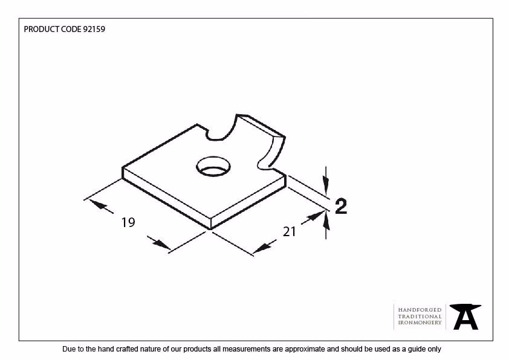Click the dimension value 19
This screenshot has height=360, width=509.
point(128,222)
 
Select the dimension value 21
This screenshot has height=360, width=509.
point(289,232)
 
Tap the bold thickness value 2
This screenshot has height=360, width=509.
point(341,206)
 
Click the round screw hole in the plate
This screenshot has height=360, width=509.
point(213,167)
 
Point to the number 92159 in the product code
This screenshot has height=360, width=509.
point(94,29)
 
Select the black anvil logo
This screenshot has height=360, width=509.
point(465,317)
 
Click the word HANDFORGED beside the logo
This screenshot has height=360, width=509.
point(420,310)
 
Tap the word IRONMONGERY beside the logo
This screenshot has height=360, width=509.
point(420,323)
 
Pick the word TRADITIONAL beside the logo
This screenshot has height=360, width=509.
point(420,317)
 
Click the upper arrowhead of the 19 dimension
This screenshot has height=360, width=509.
point(97,205)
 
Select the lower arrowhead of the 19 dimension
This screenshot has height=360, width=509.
point(161,245)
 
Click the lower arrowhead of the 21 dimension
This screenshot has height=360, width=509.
point(262,248)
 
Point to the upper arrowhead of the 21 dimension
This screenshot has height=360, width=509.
point(315,217)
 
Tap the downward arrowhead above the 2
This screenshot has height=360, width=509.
point(326,185)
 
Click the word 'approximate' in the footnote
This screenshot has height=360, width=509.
point(305,349)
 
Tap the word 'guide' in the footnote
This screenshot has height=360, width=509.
point(413,349)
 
